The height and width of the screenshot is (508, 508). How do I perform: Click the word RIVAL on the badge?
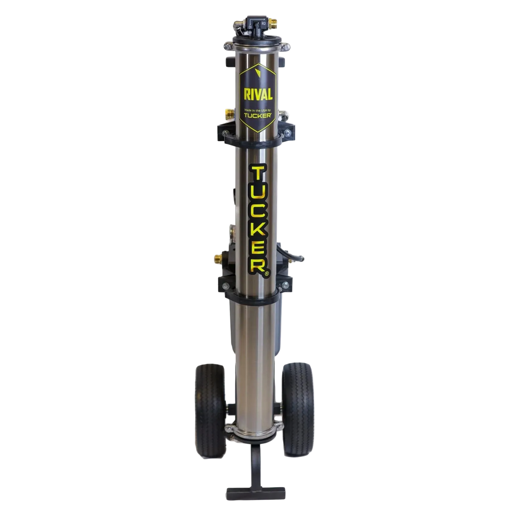258,95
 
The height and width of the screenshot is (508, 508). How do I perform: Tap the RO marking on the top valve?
263,24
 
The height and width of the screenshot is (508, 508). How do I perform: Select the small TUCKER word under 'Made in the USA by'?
257,115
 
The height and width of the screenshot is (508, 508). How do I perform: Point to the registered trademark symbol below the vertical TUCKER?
266,274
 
